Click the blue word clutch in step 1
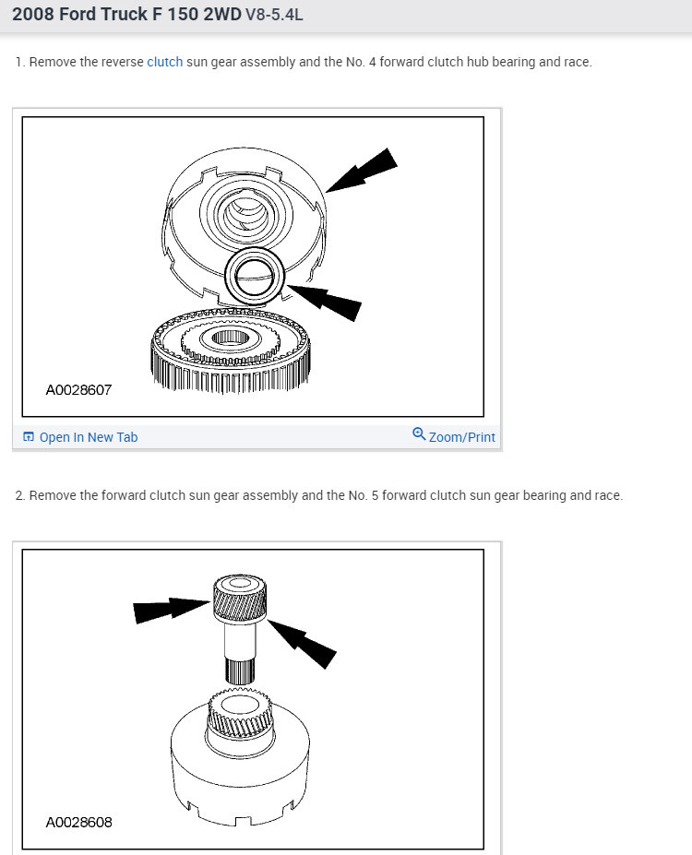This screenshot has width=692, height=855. [x=164, y=62]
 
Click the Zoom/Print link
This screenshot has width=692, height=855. [x=462, y=437]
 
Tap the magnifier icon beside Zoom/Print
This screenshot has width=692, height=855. [x=419, y=434]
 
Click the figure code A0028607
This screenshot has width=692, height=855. [x=78, y=390]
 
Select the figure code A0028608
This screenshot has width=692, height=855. [x=78, y=823]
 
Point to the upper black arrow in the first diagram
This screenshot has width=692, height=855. [x=361, y=170]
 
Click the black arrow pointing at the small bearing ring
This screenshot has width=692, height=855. [x=325, y=303]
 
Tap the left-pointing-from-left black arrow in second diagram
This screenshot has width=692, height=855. [x=172, y=610]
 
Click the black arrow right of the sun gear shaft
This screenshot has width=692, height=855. [x=302, y=644]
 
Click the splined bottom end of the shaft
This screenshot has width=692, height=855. [x=240, y=671]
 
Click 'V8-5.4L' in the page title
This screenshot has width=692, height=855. [x=274, y=14]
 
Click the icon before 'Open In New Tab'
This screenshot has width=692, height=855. [x=29, y=437]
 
